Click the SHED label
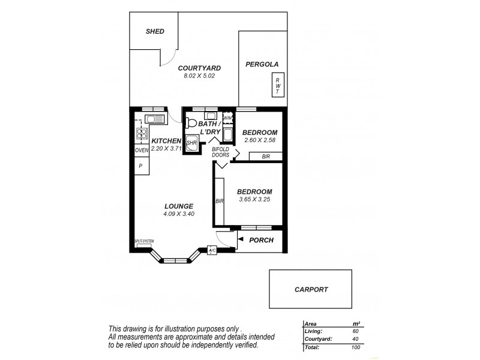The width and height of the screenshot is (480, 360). [x=155, y=31]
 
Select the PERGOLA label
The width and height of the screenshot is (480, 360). [x=262, y=64]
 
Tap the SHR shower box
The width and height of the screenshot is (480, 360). [x=193, y=143]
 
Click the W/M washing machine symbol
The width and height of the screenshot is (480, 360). [x=227, y=118]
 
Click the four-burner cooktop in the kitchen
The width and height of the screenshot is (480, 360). [x=142, y=133]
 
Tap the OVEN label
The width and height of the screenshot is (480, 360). [x=142, y=150]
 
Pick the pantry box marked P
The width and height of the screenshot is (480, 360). [x=142, y=166]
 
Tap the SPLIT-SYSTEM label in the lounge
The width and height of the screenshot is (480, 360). [x=145, y=241]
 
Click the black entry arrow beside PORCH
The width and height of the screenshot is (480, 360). [x=240, y=241]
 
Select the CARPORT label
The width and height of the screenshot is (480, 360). [x=311, y=289]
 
